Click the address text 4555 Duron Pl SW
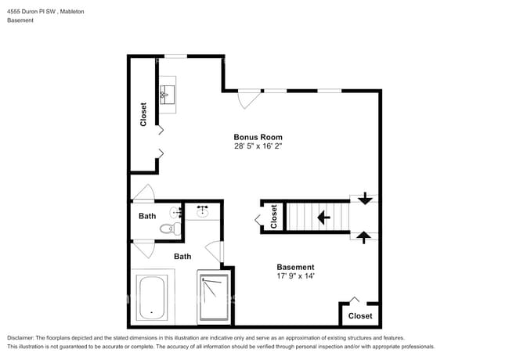click(31, 12)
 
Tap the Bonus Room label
click(258, 137)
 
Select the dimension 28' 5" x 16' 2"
click(258, 146)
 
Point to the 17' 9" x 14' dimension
click(295, 275)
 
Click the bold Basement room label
click(295, 266)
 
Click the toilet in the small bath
click(167, 229)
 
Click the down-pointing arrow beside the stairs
click(365, 199)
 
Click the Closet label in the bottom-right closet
click(360, 315)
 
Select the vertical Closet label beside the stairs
click(273, 217)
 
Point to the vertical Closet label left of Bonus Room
click(143, 114)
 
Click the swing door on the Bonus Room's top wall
click(249, 99)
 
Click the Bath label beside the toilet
click(147, 216)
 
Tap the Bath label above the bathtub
click(182, 256)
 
